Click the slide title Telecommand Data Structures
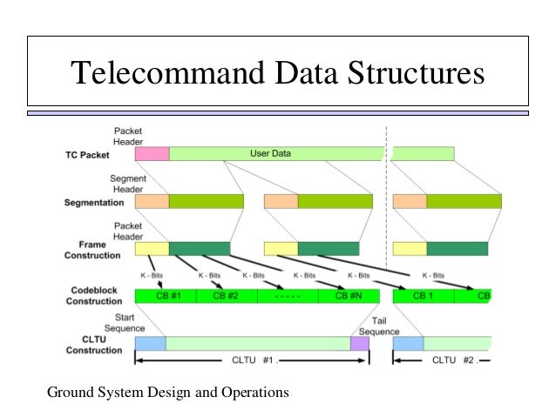coord(276,73)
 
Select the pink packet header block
coord(152,154)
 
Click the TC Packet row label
coord(87,155)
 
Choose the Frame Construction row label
coord(92,251)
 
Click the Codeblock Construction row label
coord(92,295)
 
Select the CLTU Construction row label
coord(92,345)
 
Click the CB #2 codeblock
coord(227,296)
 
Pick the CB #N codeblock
coord(347,296)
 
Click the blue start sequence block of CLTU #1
coord(150,344)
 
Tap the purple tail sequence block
coord(360,344)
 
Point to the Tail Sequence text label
coord(379,326)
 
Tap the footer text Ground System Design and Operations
coord(167,393)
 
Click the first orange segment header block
coord(152,202)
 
